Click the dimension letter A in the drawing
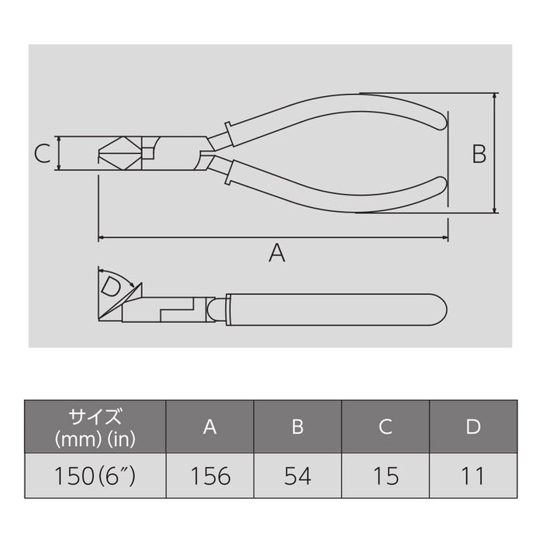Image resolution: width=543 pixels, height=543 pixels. tap(276, 252)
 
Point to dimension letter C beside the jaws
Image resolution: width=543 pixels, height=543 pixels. tap(43, 154)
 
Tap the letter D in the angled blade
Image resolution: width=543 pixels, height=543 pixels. tap(112, 287)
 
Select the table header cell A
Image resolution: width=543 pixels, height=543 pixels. tap(209, 427)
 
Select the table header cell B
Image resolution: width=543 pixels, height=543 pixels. tap(298, 427)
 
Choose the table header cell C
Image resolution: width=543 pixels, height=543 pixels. tap(386, 427)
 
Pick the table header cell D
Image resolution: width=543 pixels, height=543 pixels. tap(473, 427)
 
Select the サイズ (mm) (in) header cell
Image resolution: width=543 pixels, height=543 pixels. tap(95, 427)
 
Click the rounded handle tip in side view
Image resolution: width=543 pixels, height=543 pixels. tap(440, 309)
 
